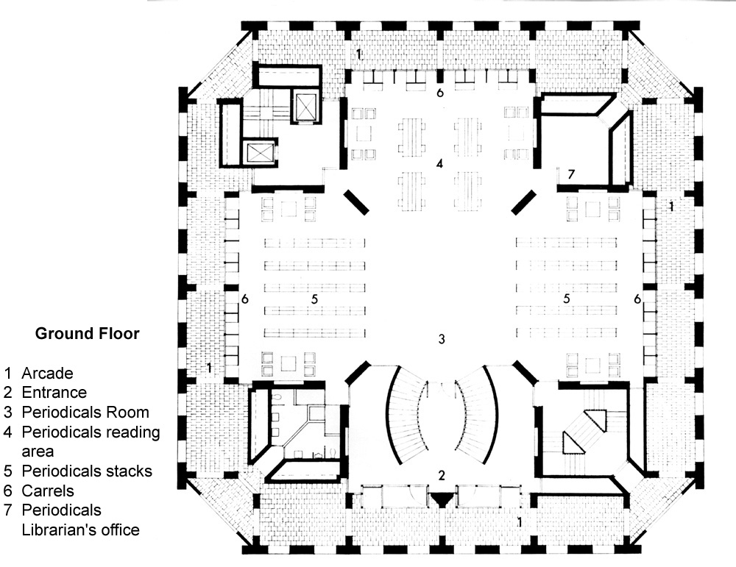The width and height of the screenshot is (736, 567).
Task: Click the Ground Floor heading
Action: tap(88, 334)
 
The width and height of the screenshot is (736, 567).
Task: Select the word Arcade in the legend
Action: tap(47, 374)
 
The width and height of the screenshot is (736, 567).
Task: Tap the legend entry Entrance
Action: tap(54, 393)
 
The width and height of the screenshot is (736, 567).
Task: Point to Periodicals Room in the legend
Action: tap(85, 412)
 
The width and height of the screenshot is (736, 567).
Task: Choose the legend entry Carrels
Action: tap(48, 491)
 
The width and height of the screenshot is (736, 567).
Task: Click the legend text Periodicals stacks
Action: tap(86, 471)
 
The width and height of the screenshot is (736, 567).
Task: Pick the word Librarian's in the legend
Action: tap(60, 529)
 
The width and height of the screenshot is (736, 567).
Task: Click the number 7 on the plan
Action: tap(570, 174)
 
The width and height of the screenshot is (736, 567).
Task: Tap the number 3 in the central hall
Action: tap(441, 339)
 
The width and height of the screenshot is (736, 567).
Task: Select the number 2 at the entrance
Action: tap(441, 475)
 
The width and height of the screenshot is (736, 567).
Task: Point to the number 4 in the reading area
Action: tap(439, 163)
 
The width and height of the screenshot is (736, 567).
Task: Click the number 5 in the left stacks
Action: tap(314, 299)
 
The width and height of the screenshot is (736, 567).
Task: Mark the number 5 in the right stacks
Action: tap(567, 299)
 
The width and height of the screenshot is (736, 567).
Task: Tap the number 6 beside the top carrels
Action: tap(439, 93)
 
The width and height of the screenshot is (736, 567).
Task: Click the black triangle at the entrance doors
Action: tap(442, 499)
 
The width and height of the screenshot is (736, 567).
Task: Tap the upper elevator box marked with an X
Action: tap(303, 107)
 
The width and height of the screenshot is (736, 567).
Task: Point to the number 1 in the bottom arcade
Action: tap(521, 523)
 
